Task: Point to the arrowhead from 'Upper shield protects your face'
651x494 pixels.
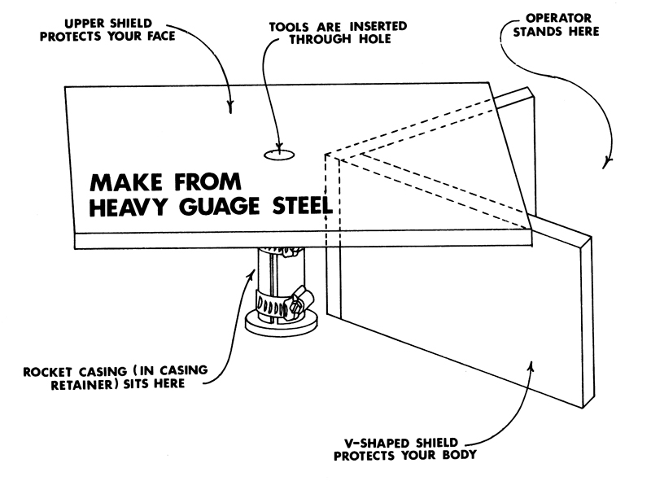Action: click(x=231, y=110)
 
